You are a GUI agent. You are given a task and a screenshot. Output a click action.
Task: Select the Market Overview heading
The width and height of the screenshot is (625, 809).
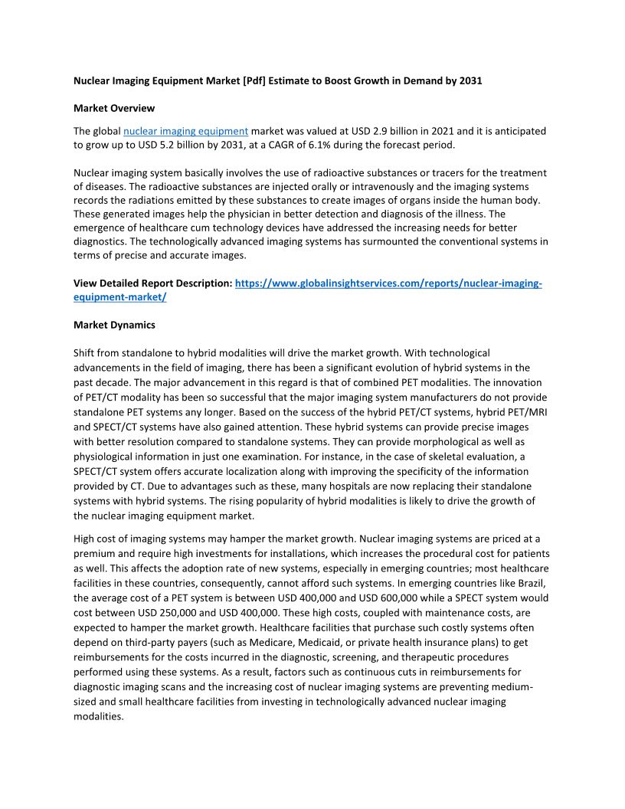tap(114, 108)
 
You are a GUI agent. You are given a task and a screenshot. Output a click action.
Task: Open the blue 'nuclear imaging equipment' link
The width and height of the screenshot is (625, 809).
tap(185, 131)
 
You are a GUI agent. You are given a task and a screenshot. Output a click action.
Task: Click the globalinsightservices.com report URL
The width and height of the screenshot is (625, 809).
tap(388, 283)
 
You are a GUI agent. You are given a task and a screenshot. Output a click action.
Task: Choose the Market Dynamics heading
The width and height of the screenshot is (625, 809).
tap(114, 325)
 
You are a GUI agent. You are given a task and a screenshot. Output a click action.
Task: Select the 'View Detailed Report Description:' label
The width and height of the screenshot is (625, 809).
tap(152, 283)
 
